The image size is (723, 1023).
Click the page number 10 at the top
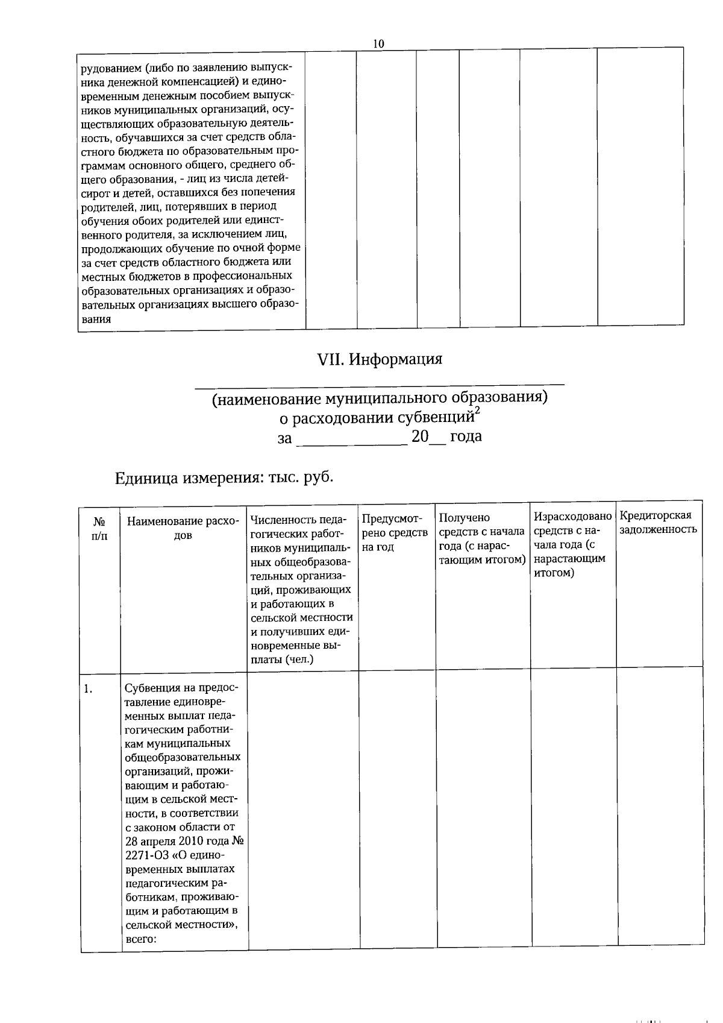[378, 43]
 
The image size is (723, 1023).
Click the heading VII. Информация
[380, 359]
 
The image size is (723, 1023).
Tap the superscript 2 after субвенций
[477, 411]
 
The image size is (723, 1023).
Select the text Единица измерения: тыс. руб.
[224, 478]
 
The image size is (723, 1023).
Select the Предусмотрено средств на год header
[395, 532]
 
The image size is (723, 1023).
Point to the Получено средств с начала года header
[482, 538]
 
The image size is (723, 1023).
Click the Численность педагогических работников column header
[301, 588]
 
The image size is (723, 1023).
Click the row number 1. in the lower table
[89, 689]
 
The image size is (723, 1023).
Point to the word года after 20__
[466, 436]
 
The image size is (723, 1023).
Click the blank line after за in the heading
[354, 439]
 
